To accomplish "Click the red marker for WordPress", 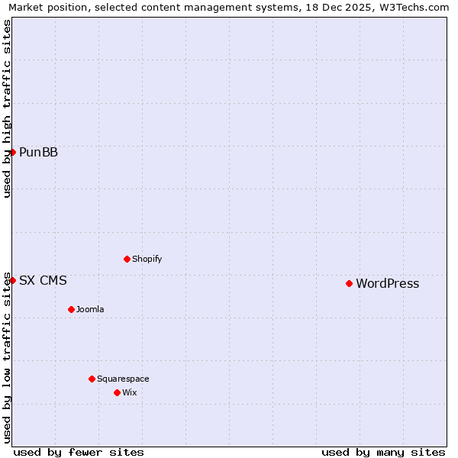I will click(x=349, y=283).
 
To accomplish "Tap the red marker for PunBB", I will click(x=13, y=152).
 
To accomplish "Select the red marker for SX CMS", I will click(x=13, y=280).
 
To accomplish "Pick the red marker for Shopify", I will click(x=127, y=259).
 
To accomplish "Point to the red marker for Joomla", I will click(x=71, y=309).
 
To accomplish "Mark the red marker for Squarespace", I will click(x=92, y=379).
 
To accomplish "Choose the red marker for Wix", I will click(x=117, y=392).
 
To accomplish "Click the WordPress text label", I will click(x=387, y=284).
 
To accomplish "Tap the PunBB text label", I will click(x=38, y=153).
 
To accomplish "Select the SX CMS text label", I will click(x=43, y=281).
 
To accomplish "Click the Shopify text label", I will click(x=147, y=259).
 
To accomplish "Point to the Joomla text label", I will click(x=90, y=309).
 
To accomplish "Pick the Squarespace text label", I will click(x=123, y=379).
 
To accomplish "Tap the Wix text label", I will click(x=129, y=392).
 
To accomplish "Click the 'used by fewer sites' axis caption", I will click(x=79, y=452).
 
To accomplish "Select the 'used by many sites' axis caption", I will click(x=383, y=452).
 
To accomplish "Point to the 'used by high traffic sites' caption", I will click(x=7, y=108).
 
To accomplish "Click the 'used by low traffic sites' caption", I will click(x=7, y=357).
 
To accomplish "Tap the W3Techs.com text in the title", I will click(x=415, y=7).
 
